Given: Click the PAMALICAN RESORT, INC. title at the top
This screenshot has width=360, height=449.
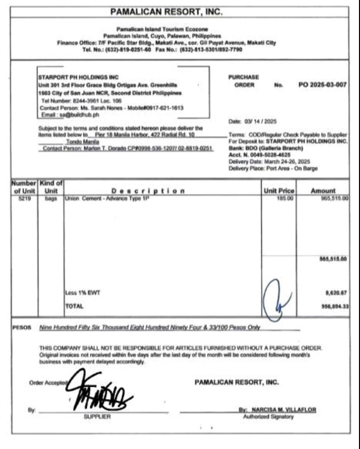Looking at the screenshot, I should tap(166, 12).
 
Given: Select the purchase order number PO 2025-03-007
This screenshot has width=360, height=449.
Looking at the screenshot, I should tap(322, 85).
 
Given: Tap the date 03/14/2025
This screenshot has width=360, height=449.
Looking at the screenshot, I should tap(260, 121).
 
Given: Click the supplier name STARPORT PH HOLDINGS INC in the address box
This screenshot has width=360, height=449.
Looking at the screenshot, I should tap(78, 77).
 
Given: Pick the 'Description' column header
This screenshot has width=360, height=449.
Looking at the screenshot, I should tap(148, 191).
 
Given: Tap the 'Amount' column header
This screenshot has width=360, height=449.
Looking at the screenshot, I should tap(323, 191).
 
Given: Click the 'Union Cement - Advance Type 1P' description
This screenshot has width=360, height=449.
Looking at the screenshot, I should tap(107, 198).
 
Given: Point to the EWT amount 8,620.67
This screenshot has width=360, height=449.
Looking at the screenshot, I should tap(336, 293).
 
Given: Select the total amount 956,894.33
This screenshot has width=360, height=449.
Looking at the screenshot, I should tap(335, 306).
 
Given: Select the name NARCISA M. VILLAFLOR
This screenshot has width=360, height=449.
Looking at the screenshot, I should tap(283, 410).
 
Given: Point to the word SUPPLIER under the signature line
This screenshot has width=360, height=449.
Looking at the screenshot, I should tap(97, 417).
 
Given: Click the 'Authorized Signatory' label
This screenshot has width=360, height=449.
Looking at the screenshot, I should tap(268, 417).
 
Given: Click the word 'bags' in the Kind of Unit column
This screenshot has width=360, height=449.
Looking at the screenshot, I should tap(51, 198).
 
